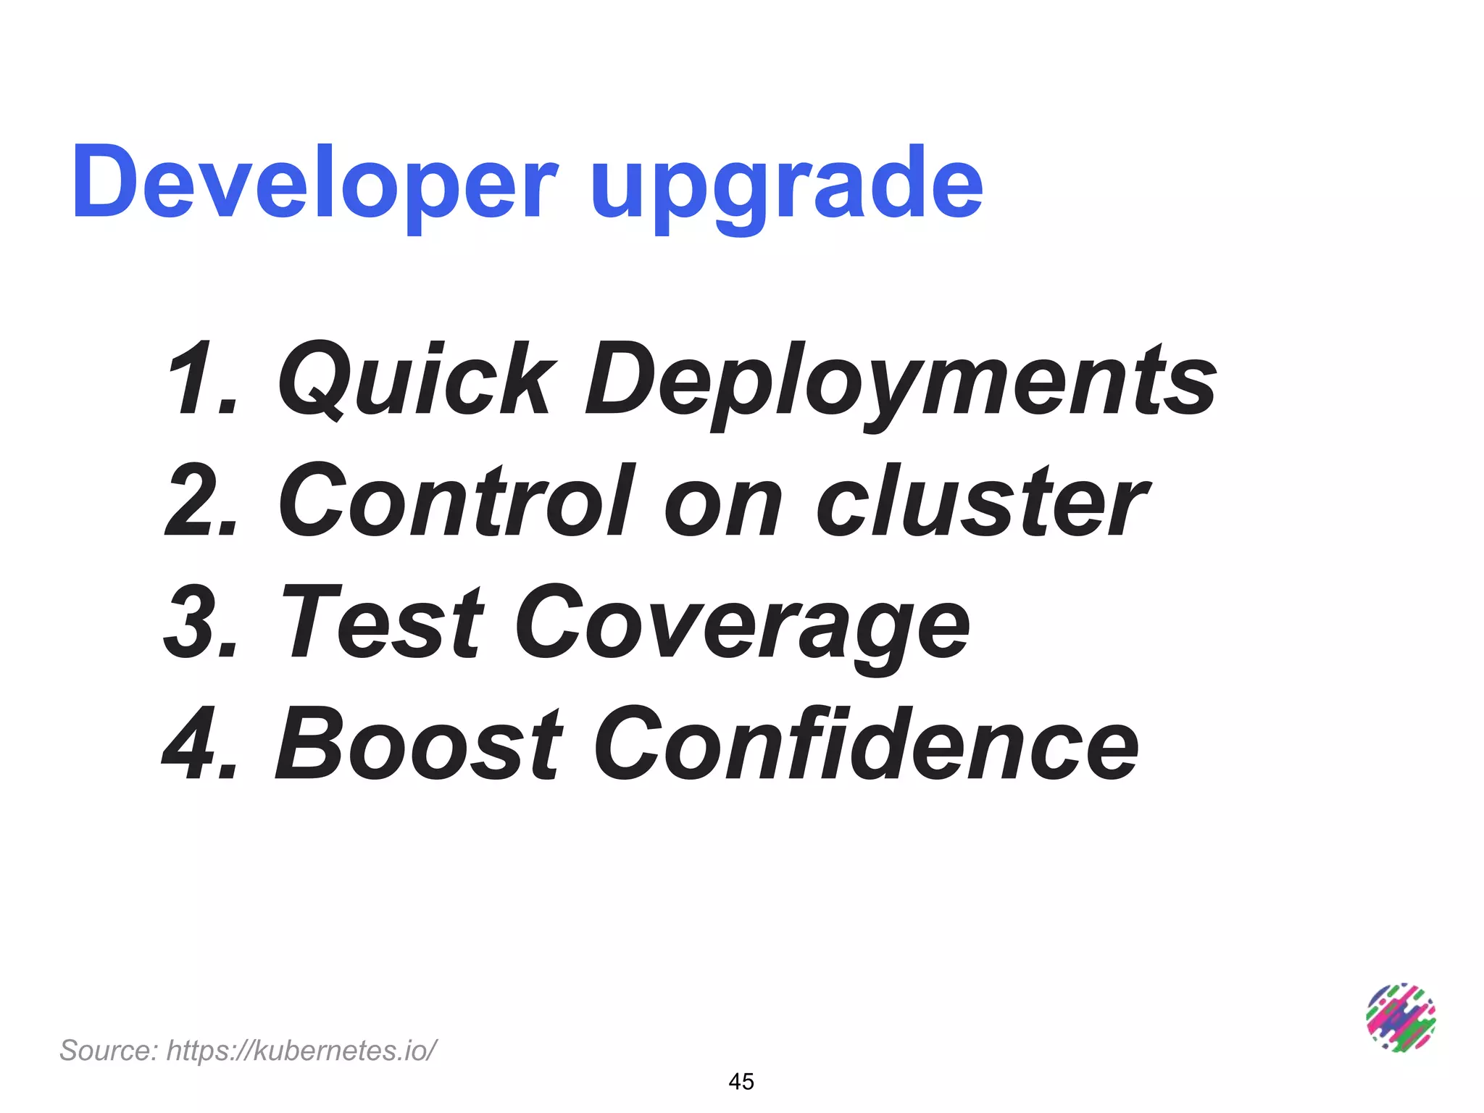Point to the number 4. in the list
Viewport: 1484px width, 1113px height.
pyautogui.click(x=201, y=743)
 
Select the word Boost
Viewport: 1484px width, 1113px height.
pyautogui.click(x=419, y=743)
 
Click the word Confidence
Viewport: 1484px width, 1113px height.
pyautogui.click(x=866, y=743)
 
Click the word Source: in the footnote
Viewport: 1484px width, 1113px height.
pyautogui.click(x=108, y=1050)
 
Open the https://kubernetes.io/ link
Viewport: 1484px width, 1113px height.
pyautogui.click(x=302, y=1050)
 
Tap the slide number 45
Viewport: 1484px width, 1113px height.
pyautogui.click(x=741, y=1081)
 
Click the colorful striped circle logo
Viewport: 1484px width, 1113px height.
pyautogui.click(x=1401, y=1018)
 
